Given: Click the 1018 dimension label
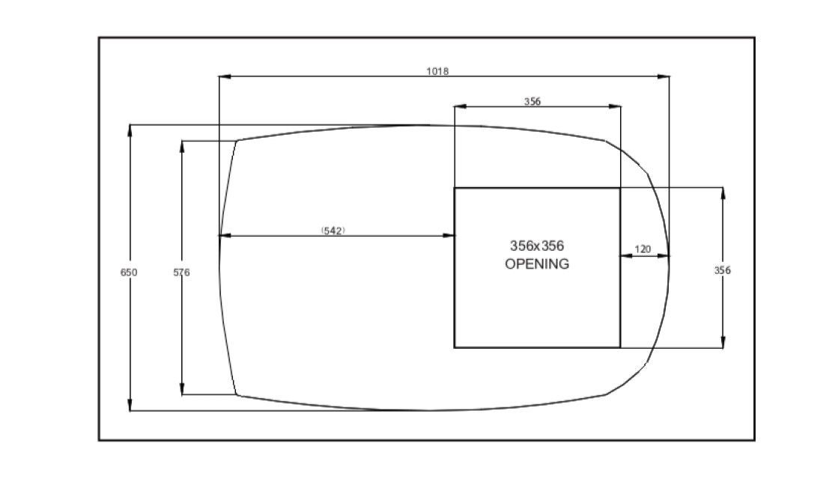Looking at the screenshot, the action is [x=437, y=71].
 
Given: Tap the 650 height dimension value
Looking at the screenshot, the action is [x=129, y=272].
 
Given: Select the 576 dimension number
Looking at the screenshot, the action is [x=182, y=272].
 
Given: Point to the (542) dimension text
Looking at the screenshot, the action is [x=333, y=231].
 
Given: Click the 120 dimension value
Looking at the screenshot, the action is [x=643, y=249].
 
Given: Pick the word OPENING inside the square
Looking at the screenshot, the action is [x=537, y=263].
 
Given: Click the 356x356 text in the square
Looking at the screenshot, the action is [x=537, y=246].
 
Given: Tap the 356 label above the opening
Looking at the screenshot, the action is [x=532, y=102].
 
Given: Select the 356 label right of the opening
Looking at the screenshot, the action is [x=723, y=270].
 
